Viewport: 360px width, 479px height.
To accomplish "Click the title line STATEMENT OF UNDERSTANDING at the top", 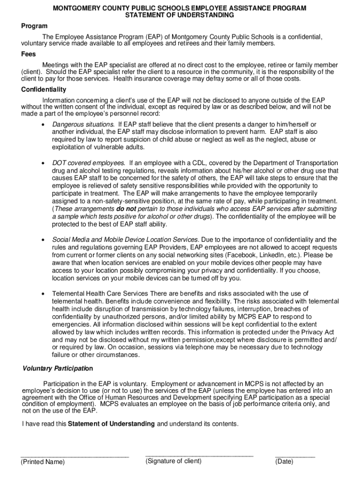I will [180, 15].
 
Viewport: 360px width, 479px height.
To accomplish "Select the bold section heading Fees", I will [29, 54].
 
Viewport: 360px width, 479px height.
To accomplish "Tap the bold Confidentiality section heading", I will [43, 89].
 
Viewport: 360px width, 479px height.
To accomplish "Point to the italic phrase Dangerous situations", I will [83, 124].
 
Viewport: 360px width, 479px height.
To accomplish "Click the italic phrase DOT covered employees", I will [88, 163].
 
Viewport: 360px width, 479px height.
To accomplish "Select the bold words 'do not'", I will [127, 209].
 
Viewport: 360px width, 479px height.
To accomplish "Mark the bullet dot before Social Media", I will [43, 240].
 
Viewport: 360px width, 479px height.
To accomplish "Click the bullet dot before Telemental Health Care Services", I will [43, 293].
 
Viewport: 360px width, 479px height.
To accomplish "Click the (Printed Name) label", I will [43, 462].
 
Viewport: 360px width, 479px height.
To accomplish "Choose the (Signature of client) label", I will [173, 461].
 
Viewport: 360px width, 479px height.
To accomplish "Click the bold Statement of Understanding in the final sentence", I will [111, 424].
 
